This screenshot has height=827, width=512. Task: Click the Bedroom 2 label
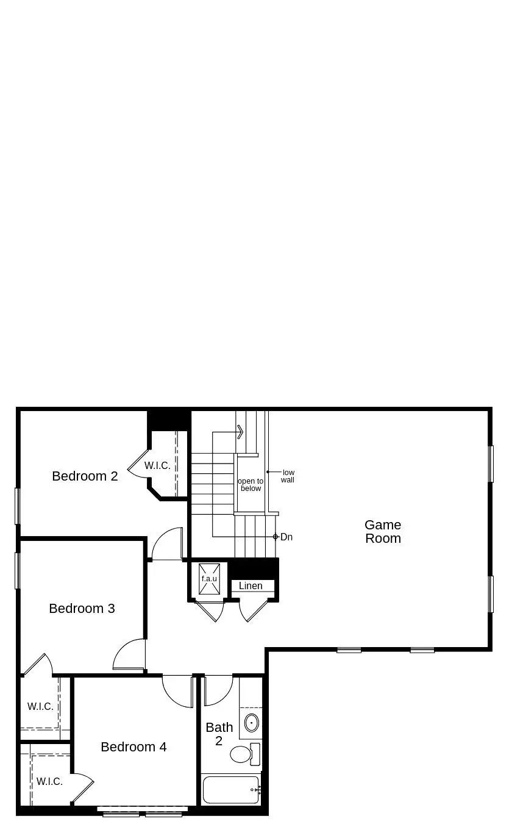click(x=85, y=476)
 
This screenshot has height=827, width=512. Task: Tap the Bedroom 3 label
click(x=82, y=609)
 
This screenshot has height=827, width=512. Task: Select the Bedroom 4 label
click(x=133, y=747)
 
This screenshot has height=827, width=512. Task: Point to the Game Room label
click(x=383, y=532)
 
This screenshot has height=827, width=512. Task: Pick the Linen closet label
click(x=251, y=586)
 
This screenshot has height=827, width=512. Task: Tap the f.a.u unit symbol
click(x=209, y=578)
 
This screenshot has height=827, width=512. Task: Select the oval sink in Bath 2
click(x=251, y=723)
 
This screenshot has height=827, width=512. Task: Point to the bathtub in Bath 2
click(x=231, y=790)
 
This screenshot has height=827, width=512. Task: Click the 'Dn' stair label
click(x=286, y=537)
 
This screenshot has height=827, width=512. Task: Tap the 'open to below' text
click(x=251, y=485)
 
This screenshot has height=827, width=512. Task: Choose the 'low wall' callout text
click(x=288, y=476)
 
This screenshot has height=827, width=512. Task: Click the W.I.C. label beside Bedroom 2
click(x=157, y=466)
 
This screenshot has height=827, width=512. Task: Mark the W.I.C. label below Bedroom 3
click(x=40, y=707)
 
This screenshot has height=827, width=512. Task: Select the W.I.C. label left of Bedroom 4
click(x=49, y=781)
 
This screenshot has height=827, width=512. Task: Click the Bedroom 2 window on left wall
click(x=18, y=506)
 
